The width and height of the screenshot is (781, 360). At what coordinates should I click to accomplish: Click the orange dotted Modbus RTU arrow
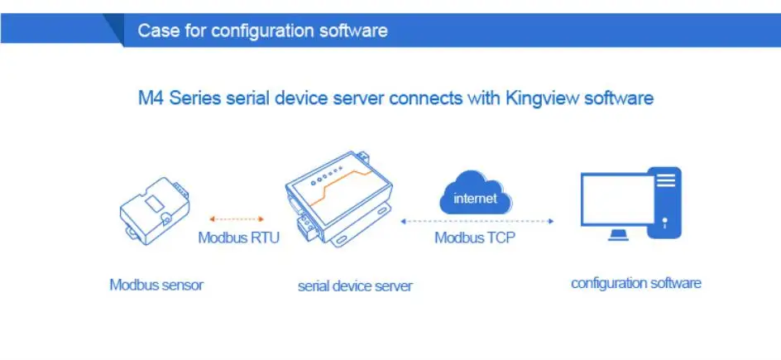point(237,219)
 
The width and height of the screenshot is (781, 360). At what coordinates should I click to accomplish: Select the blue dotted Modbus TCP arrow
point(477,221)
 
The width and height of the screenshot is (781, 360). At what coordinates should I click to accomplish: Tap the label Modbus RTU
point(238,238)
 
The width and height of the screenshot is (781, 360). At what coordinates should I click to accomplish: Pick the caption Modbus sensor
point(156,285)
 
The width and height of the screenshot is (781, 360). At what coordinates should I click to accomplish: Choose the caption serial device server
point(355,286)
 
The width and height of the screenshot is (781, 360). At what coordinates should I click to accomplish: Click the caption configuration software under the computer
point(635,283)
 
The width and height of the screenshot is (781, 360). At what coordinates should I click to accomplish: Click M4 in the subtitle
point(150,98)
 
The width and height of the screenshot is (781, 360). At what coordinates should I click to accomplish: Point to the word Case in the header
point(156,31)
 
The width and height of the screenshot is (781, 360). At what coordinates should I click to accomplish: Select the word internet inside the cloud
point(475,199)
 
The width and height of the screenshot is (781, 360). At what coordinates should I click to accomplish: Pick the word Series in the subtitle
point(194,98)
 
